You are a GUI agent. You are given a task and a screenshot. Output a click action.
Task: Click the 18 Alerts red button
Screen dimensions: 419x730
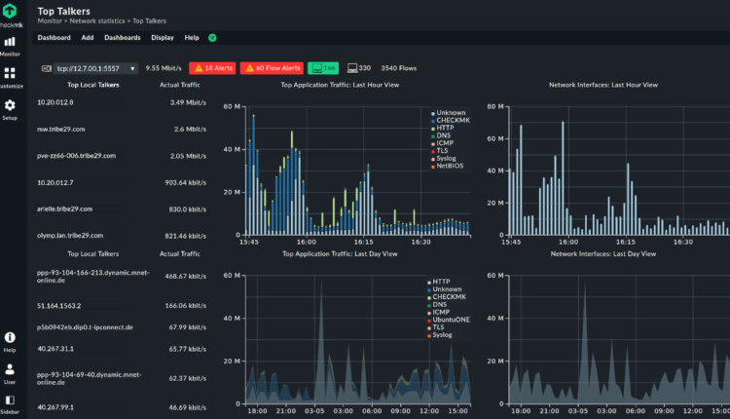(211, 68)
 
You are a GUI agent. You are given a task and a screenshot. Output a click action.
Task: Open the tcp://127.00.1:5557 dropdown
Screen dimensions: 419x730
(88, 69)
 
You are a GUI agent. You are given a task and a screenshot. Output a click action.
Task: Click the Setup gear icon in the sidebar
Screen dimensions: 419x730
(10, 106)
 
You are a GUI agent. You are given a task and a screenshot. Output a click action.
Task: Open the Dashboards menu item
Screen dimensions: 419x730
(123, 37)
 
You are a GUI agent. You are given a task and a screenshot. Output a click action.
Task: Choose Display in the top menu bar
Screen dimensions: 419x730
(163, 37)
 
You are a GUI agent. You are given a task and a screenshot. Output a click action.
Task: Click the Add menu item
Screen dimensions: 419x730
(88, 37)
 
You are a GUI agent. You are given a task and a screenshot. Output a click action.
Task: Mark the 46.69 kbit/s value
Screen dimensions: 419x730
(186, 406)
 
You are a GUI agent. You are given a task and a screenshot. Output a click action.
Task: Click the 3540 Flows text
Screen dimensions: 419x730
(400, 68)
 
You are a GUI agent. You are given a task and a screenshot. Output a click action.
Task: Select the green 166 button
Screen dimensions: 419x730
(323, 68)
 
